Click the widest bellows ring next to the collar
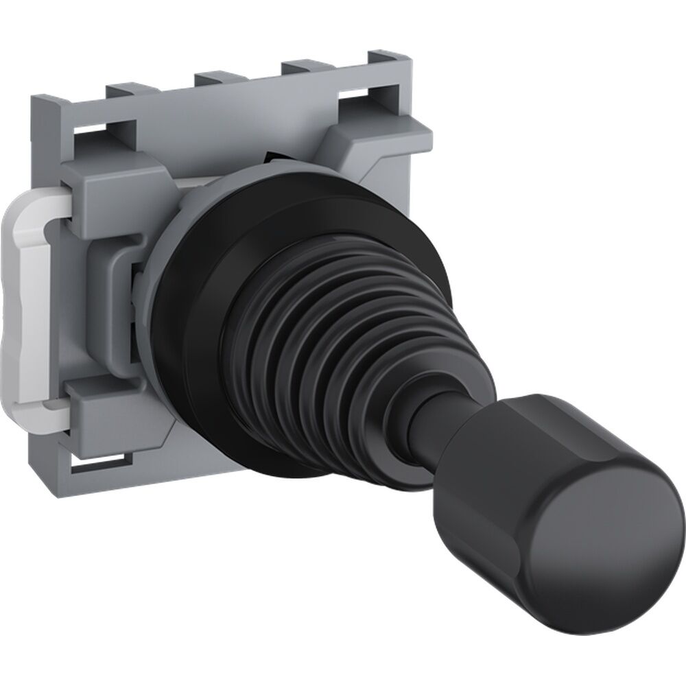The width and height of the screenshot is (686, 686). point(274,274)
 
